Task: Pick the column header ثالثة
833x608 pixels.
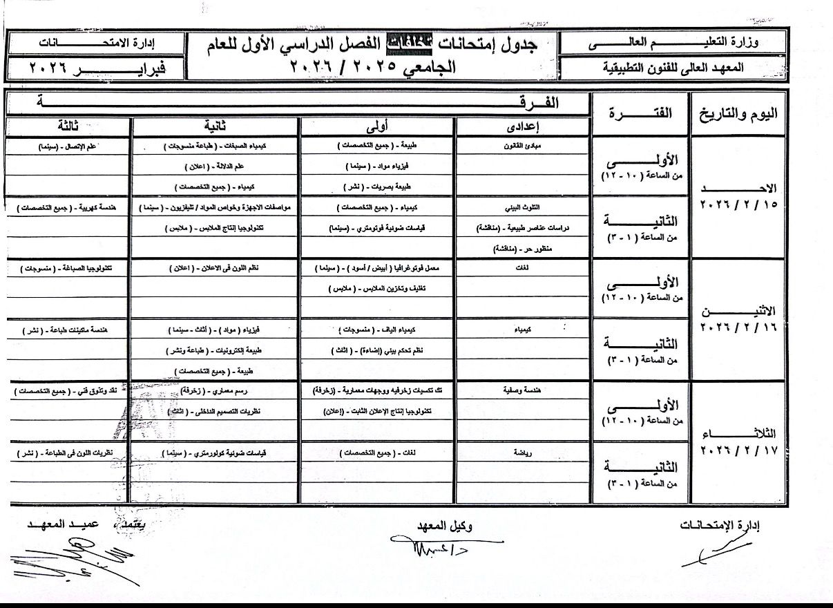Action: coord(68,127)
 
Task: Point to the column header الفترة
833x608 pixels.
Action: coord(639,114)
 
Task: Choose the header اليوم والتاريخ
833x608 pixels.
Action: coord(738,114)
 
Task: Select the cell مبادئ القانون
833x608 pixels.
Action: coord(521,146)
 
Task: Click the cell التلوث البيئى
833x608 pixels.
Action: coord(521,207)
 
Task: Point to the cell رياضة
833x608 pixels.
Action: coord(521,453)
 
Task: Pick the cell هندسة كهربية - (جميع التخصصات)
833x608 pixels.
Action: coord(68,207)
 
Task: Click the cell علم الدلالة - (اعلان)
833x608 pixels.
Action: coord(216,167)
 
